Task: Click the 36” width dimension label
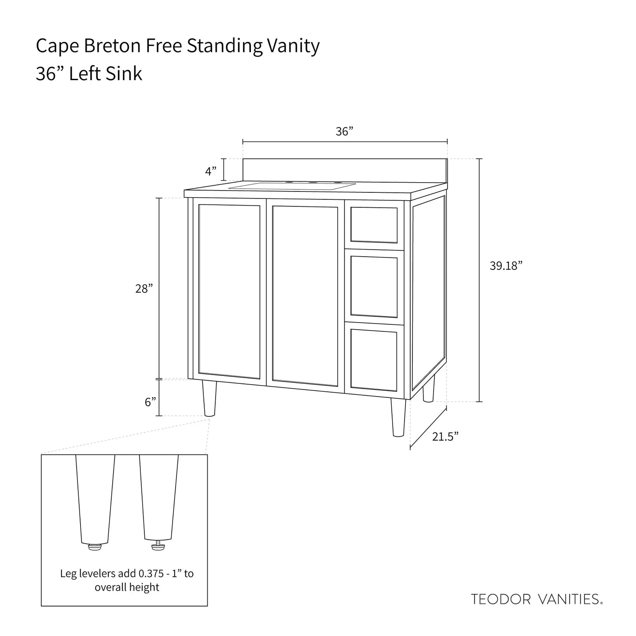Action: (345, 132)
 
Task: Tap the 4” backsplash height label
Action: (211, 170)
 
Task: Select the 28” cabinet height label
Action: (144, 289)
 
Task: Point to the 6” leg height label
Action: (151, 402)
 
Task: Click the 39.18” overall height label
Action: (506, 266)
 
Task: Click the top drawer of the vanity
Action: (374, 224)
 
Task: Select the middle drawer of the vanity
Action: (374, 286)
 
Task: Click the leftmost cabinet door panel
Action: (229, 291)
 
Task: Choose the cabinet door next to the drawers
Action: (305, 295)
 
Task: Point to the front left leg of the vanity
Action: (210, 399)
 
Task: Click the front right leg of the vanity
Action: (398, 418)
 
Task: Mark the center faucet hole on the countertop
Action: (313, 182)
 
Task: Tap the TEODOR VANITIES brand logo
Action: (537, 599)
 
